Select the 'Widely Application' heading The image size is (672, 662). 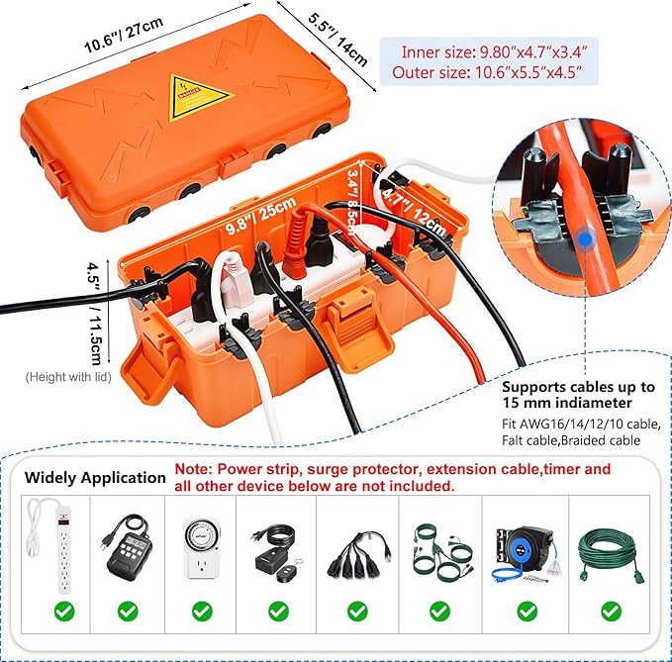[x=95, y=477]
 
